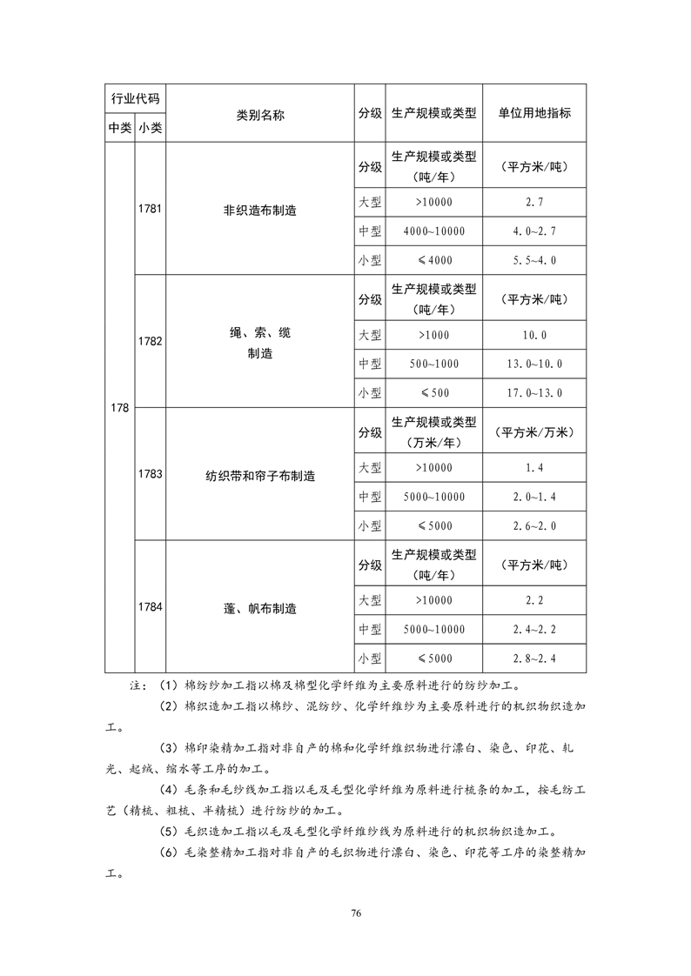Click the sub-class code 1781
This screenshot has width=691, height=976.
[x=150, y=210]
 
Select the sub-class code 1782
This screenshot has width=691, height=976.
[x=150, y=342]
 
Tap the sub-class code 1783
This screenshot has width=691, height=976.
[x=150, y=475]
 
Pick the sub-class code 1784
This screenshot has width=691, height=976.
[x=150, y=608]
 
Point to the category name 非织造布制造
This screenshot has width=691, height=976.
[x=259, y=211]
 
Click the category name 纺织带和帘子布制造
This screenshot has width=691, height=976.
[x=259, y=476]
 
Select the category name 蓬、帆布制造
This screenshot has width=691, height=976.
[x=259, y=609]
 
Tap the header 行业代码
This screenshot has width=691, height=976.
[x=135, y=97]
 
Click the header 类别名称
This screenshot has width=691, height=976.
[x=259, y=114]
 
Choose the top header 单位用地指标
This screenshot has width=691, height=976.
[x=534, y=114]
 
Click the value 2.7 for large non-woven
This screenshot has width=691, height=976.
[x=534, y=202]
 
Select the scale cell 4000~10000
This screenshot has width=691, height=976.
[x=433, y=231]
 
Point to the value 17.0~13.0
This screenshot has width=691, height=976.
[x=534, y=392]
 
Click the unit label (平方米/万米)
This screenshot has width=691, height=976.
[x=534, y=432]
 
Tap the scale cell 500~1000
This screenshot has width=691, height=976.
[x=433, y=364]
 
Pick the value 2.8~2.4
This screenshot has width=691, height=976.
[x=534, y=658]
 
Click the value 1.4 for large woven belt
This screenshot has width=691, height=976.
[x=534, y=468]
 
